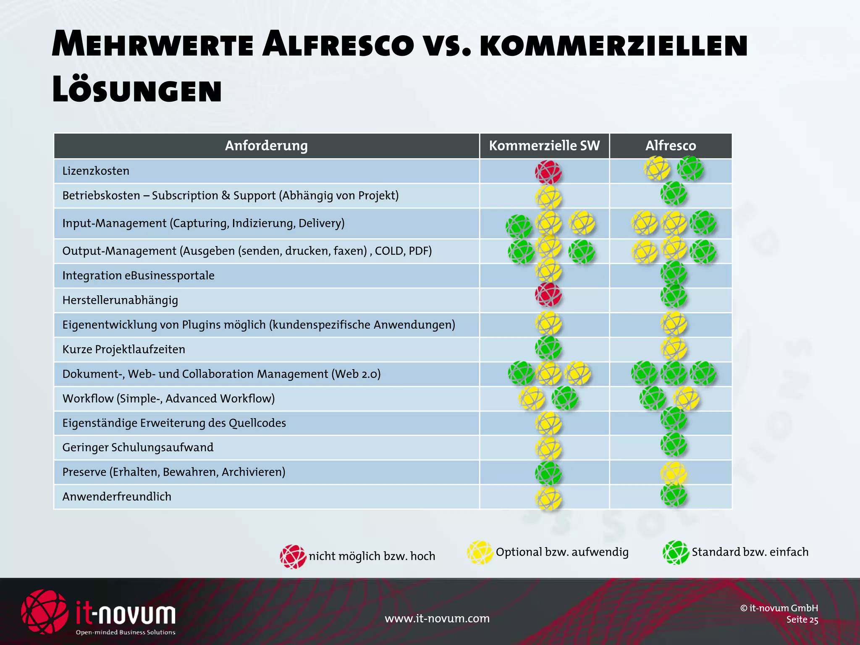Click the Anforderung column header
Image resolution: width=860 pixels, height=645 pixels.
[x=266, y=146]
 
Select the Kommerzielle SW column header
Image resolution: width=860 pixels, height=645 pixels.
[x=544, y=146]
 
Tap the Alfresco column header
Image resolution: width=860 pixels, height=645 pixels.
[x=671, y=146]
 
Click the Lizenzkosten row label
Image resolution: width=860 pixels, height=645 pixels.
[x=96, y=171]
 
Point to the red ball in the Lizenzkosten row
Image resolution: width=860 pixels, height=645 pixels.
[x=548, y=172]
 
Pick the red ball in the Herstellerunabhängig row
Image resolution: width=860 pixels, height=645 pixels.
[x=548, y=294]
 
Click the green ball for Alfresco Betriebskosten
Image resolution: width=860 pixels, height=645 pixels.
[x=674, y=194]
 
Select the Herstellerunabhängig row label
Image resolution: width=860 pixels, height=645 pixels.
[x=120, y=300]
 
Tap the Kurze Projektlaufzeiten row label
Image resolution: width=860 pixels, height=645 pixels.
[x=123, y=349]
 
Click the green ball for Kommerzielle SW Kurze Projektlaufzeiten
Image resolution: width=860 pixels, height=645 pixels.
[x=548, y=348]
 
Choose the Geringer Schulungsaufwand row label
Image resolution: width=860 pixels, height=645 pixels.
[x=138, y=448]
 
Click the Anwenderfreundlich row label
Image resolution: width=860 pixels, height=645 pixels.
[x=117, y=497]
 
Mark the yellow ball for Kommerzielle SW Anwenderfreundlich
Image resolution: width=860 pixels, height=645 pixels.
[x=548, y=498]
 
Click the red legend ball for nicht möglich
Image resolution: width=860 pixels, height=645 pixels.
[x=293, y=557]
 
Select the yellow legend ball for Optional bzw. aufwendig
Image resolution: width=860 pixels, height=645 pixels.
[x=480, y=553]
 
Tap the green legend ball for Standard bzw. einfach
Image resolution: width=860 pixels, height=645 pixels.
[x=676, y=553]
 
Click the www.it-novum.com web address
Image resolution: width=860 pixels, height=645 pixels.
[x=437, y=619]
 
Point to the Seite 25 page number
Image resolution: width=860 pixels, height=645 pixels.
[x=802, y=620]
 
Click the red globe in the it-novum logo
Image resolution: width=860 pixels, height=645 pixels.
[x=45, y=611]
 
